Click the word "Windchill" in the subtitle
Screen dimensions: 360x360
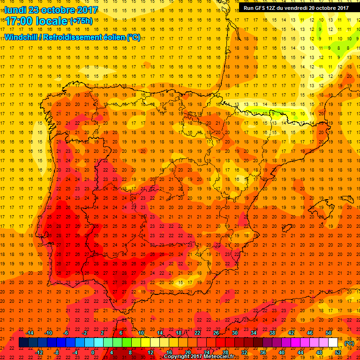[22, 37]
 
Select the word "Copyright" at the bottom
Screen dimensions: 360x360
[177, 357]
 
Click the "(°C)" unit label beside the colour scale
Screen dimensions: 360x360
[349, 343]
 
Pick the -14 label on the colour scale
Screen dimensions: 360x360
[30, 333]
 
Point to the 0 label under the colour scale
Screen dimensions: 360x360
[93, 352]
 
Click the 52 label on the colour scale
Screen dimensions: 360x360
[338, 352]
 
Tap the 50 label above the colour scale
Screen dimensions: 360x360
[329, 333]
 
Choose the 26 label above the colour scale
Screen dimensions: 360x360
[216, 333]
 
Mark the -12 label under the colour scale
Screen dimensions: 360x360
[39, 352]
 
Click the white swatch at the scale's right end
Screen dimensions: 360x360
[333, 343]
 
